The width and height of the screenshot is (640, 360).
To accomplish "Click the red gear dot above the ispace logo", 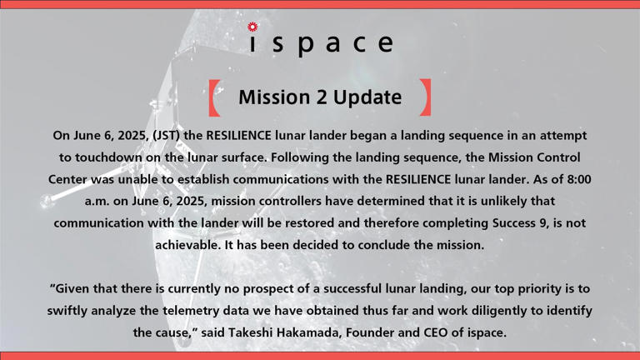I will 253,27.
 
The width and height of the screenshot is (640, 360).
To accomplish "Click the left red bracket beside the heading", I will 214,97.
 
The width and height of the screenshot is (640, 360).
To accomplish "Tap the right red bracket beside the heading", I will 426,97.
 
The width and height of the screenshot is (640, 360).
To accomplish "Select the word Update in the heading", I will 367,97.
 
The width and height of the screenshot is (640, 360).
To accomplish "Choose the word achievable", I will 190,244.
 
